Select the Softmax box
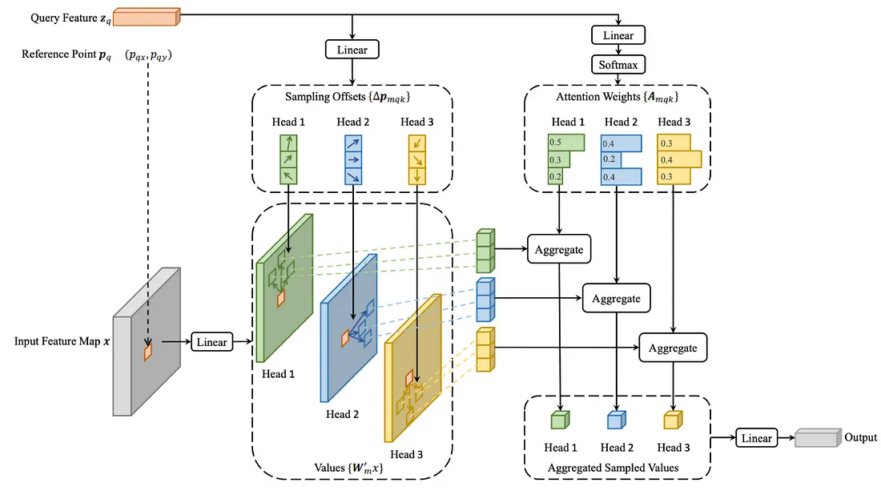pyautogui.click(x=618, y=64)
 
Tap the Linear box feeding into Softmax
pyautogui.click(x=618, y=35)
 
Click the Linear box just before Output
pyautogui.click(x=756, y=438)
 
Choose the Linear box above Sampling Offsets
pyautogui.click(x=352, y=50)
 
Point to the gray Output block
pyautogui.click(x=816, y=438)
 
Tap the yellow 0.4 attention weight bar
pyautogui.click(x=678, y=159)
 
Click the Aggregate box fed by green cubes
pyautogui.click(x=559, y=249)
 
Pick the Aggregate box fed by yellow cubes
pyautogui.click(x=673, y=348)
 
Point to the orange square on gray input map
pyautogui.click(x=147, y=352)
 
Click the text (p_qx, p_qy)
pyautogui.click(x=150, y=55)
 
